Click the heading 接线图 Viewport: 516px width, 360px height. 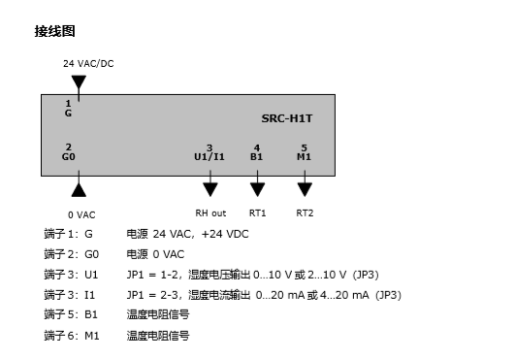pos(55,31)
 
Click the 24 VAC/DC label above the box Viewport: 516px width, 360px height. pos(88,64)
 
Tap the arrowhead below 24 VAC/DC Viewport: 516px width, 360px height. pos(79,82)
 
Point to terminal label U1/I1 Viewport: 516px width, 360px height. pos(210,155)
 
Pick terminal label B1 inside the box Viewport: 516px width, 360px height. pos(257,155)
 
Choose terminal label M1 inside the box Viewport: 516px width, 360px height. pos(305,155)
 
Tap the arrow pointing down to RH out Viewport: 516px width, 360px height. pos(210,188)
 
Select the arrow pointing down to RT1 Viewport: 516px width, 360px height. pos(257,188)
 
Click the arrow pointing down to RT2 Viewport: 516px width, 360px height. pos(305,188)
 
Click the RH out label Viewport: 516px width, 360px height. pos(210,213)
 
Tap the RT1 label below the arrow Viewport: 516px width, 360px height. pos(257,213)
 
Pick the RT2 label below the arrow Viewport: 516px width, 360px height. pos(305,213)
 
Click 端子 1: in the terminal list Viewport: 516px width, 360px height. pos(61,234)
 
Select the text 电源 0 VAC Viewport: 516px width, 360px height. pos(154,254)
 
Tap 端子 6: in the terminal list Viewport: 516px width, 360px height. pos(61,336)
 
